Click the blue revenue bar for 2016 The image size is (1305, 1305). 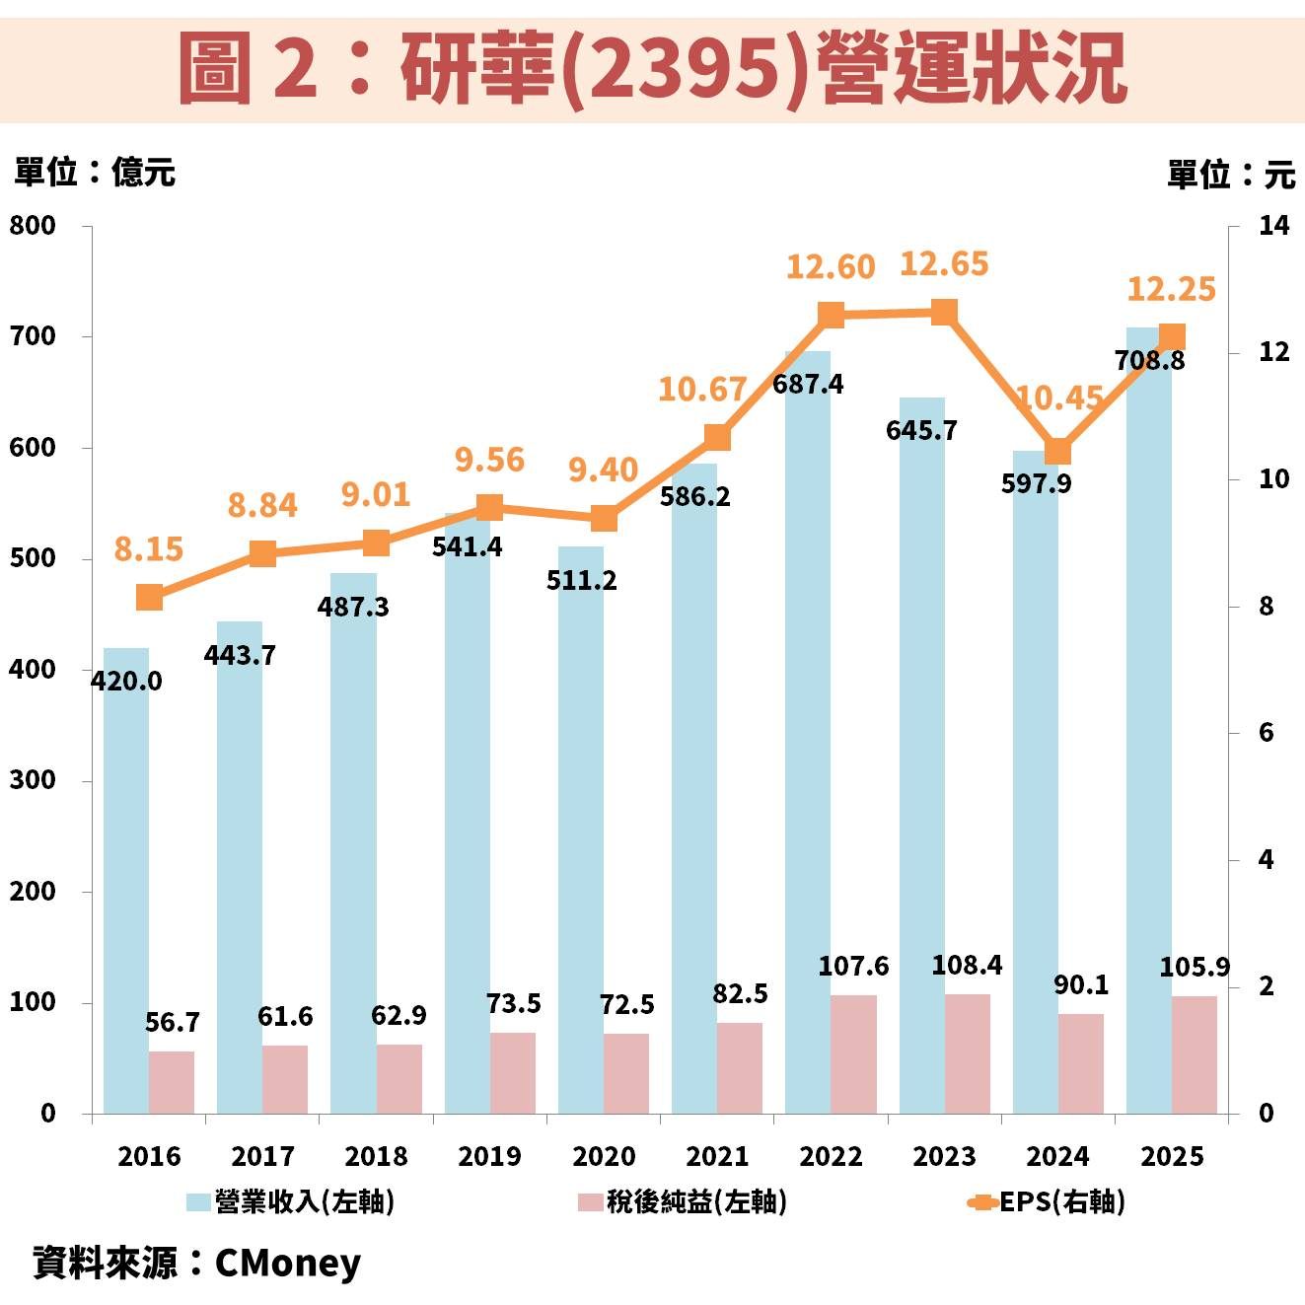[125, 888]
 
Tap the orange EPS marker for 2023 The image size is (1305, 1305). [944, 313]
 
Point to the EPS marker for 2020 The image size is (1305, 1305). [604, 519]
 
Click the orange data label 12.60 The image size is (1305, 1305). [830, 267]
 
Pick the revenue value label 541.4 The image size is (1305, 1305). [467, 546]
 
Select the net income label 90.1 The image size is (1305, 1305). [1081, 984]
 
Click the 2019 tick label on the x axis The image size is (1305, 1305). [489, 1156]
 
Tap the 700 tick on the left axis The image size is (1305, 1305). [33, 336]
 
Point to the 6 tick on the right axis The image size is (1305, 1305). [1266, 732]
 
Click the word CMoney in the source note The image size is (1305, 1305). [287, 1263]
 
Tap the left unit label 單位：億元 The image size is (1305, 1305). [94, 172]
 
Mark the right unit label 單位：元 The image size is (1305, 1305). [1230, 175]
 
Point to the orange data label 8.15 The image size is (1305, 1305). [148, 548]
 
